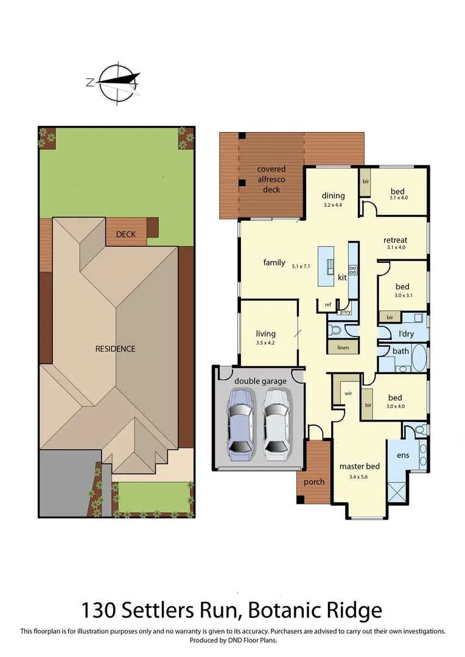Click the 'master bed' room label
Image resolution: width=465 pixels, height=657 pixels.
[x=359, y=467]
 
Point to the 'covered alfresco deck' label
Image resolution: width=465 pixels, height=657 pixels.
[x=271, y=179]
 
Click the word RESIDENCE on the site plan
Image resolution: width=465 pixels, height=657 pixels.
[x=115, y=349]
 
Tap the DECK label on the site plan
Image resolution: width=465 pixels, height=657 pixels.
[x=126, y=234]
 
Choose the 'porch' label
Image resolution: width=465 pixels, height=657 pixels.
[x=314, y=482]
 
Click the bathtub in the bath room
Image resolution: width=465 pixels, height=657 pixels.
[x=419, y=358]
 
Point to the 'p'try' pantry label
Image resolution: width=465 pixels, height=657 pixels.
[x=345, y=312]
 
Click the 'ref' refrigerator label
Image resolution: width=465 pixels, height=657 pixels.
[x=327, y=305]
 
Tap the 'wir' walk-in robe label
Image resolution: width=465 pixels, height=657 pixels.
[x=348, y=394]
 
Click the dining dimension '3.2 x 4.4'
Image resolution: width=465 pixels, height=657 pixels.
[x=333, y=206]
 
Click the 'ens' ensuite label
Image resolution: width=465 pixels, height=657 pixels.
[x=402, y=455]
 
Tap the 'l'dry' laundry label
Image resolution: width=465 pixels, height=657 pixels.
[x=406, y=333]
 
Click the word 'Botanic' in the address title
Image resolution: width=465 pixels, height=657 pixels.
[x=295, y=610]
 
